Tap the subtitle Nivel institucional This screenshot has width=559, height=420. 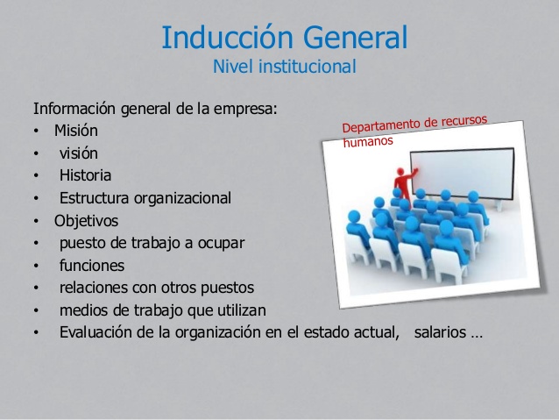pos(285,67)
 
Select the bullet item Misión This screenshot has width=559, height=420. pos(75,131)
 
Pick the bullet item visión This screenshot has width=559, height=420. pos(79,153)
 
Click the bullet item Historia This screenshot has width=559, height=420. pos(85,175)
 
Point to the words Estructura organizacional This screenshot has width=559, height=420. pos(145,198)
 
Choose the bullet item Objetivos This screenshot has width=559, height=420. pos(86,220)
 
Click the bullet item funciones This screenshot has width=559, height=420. pos(91,265)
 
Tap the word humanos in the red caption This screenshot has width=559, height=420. pos(369,141)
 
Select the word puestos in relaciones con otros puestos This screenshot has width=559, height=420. pos(229,288)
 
